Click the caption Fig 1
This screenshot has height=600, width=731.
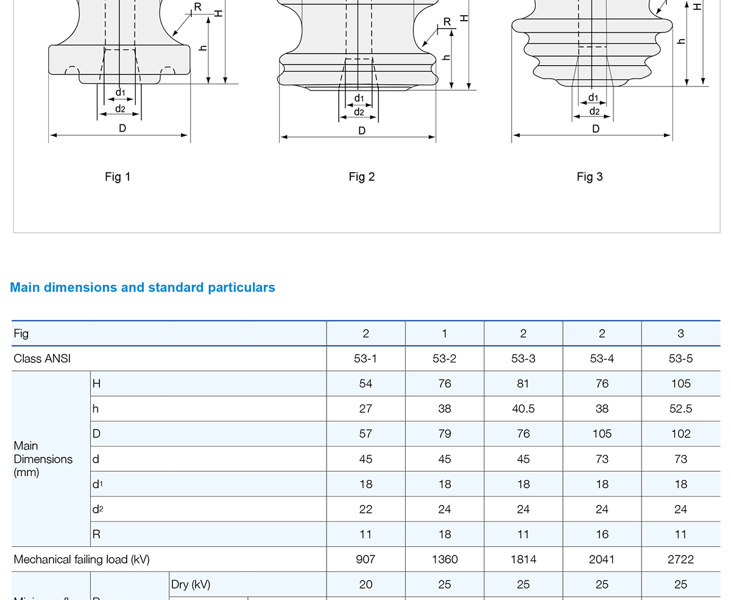118,177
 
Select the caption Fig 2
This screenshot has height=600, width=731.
362,177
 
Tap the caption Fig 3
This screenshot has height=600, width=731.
590,177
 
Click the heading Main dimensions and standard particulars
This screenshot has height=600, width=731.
143,288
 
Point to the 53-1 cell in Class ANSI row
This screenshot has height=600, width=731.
365,359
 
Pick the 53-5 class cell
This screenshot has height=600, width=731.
680,359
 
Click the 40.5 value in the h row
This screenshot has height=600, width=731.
523,409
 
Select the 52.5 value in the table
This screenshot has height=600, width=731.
680,409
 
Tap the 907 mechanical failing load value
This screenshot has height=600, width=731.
365,559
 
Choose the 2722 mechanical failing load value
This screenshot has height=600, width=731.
680,559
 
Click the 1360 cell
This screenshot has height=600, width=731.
445,559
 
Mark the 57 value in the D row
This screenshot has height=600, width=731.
365,434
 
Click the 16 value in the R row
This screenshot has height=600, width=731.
602,534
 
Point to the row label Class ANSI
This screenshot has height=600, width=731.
42,359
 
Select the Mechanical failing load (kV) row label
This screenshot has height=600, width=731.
82,559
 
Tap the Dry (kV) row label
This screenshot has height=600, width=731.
191,585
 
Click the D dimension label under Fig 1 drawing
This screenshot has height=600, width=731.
122,129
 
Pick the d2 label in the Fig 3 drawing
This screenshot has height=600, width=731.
595,111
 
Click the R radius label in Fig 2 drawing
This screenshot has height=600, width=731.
447,22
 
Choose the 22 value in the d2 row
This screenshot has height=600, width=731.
365,509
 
